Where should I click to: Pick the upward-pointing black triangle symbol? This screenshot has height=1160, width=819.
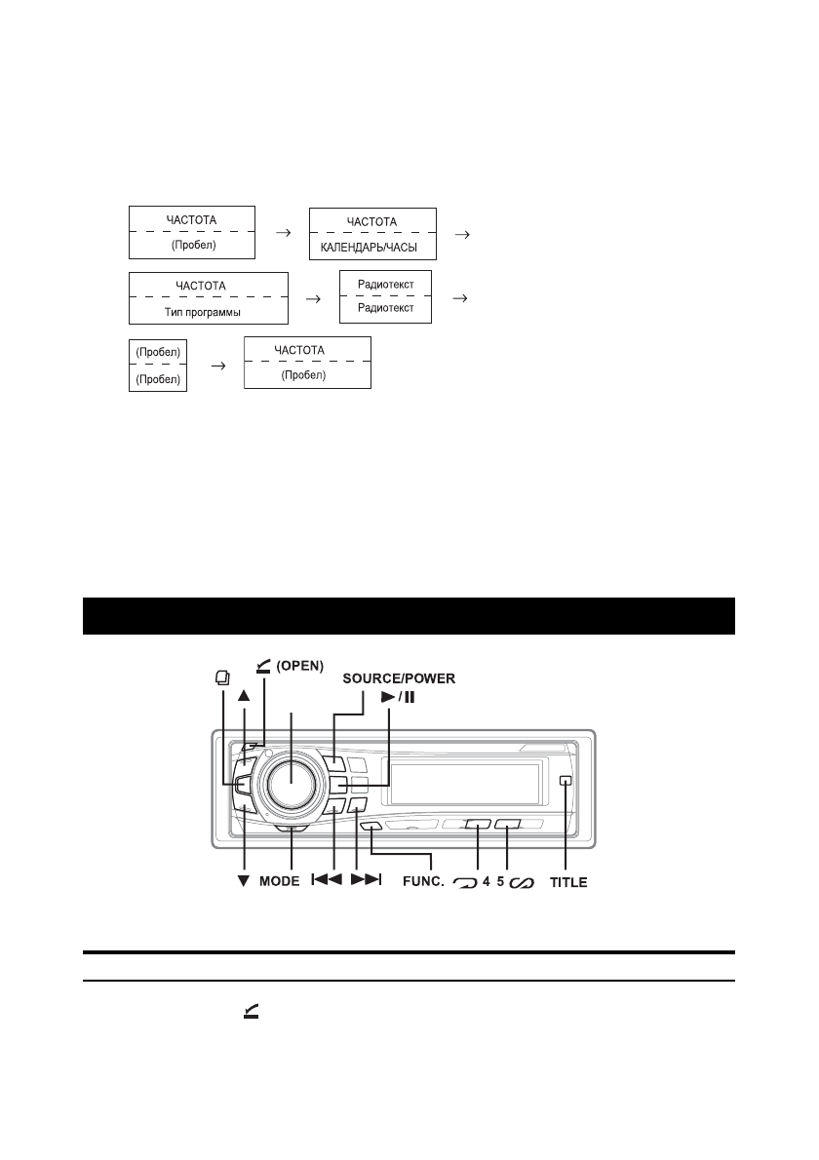(244, 697)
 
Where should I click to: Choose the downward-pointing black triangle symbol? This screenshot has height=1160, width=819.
(243, 882)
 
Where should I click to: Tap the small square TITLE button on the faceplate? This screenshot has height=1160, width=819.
(565, 781)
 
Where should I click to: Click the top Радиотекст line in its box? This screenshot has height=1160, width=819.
(385, 285)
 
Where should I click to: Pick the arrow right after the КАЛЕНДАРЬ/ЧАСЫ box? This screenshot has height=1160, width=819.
(463, 234)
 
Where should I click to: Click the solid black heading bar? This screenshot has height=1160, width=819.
(409, 616)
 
